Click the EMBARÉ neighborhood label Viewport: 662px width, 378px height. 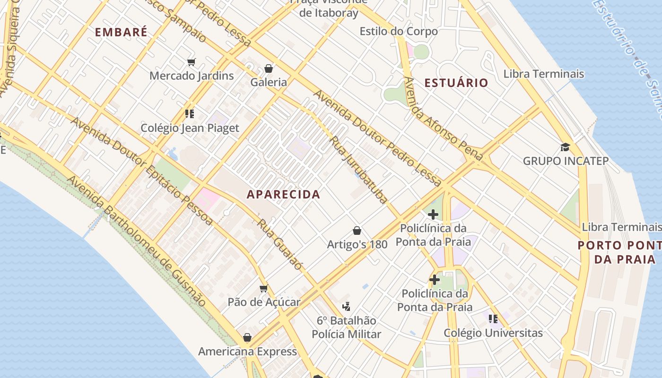pos(121,32)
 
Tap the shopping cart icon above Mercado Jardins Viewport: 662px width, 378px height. pos(192,62)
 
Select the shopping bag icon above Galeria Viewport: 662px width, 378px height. pos(269,69)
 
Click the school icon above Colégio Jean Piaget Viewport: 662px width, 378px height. pos(190,113)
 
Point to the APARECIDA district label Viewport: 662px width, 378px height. pos(283,194)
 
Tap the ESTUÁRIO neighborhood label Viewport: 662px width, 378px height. pos(456,83)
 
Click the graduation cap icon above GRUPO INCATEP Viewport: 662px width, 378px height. pos(565,147)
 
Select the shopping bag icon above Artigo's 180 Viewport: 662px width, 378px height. pos(357,231)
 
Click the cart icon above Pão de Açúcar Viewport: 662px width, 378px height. pos(264,288)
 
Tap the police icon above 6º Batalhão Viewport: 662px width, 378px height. pos(346,306)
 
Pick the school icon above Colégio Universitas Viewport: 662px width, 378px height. pos(493,319)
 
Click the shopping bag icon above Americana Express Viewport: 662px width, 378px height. pos(247,337)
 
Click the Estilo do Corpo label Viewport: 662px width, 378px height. pos(398,31)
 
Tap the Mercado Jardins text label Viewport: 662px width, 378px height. pos(192,76)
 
